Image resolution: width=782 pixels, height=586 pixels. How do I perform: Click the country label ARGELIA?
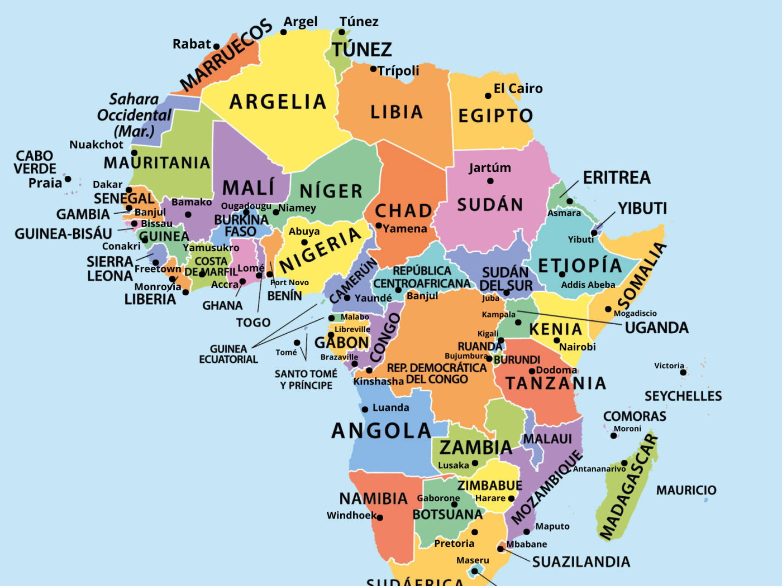[278, 102]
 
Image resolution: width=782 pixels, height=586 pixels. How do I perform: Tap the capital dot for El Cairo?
[488, 95]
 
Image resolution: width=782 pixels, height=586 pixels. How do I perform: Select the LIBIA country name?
[397, 112]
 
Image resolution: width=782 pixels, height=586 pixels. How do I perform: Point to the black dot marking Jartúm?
[490, 181]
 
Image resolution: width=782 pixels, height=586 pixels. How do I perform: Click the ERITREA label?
[617, 177]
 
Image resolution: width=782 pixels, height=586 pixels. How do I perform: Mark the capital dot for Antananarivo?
[624, 463]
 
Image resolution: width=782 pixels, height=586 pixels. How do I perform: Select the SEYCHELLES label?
[683, 396]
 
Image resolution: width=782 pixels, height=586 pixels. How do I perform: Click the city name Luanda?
[390, 407]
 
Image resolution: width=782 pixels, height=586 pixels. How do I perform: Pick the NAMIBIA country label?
[373, 498]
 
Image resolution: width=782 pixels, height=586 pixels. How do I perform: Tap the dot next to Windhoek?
[380, 517]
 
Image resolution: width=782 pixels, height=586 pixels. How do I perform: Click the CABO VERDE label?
[35, 162]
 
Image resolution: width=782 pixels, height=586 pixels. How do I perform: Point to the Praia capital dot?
[68, 179]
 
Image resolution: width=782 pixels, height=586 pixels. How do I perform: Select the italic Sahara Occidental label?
[134, 115]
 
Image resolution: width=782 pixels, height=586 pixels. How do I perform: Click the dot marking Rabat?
[217, 47]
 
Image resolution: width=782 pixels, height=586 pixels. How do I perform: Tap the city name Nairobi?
[577, 347]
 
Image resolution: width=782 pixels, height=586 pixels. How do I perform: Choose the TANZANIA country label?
[555, 383]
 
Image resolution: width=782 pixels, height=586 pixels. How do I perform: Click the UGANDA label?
[656, 328]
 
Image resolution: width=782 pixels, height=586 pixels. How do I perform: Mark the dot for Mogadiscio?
[608, 309]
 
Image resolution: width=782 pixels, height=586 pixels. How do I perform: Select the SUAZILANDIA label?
[581, 561]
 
